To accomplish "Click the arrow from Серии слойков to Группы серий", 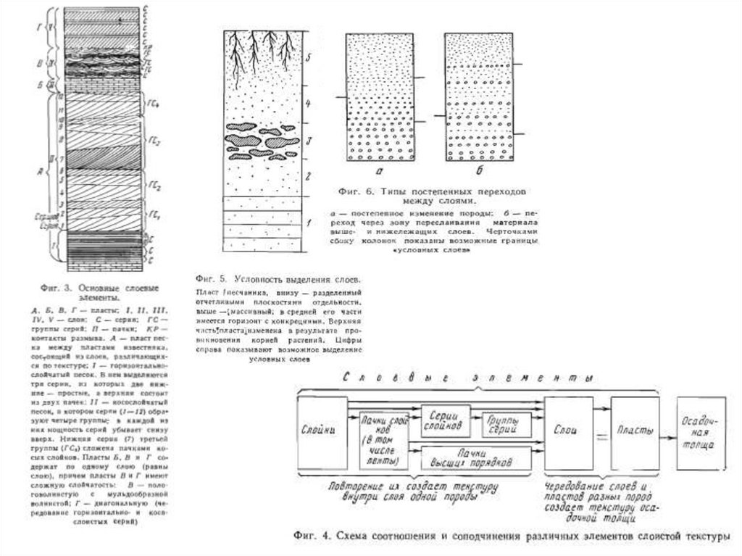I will pyautogui.click(x=475, y=423).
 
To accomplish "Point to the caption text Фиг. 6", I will pyautogui.click(x=355, y=191).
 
